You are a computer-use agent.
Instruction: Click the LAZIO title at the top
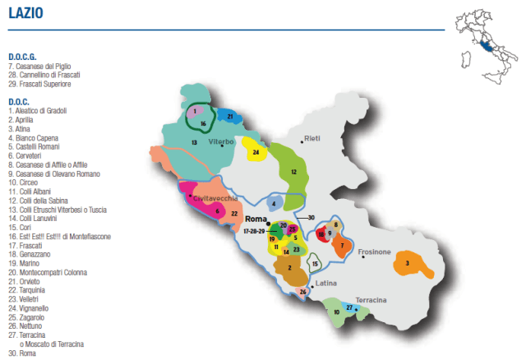click(x=26, y=15)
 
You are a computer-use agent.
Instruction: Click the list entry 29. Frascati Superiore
click(x=42, y=84)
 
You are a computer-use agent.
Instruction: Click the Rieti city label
click(x=311, y=138)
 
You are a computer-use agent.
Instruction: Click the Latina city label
click(x=327, y=283)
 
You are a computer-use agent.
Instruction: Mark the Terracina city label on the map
click(x=371, y=300)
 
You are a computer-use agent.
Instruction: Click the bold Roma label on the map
click(x=256, y=219)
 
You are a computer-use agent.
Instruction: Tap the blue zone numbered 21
click(x=230, y=117)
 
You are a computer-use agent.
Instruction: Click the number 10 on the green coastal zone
click(x=335, y=312)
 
